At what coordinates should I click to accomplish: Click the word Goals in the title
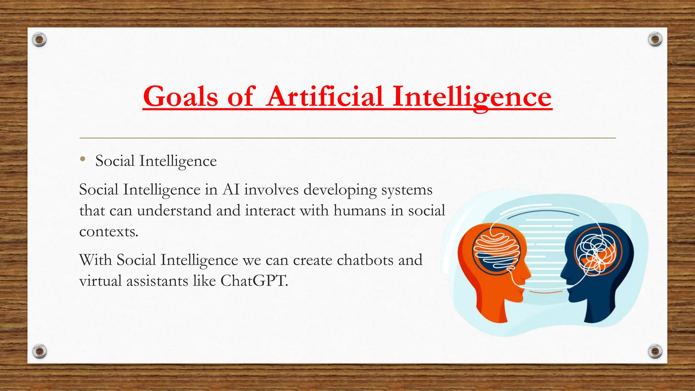point(180,97)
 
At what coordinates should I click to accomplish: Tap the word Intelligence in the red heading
point(472,97)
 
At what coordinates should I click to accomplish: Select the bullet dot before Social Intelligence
point(82,159)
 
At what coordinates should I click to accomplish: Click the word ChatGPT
point(254,281)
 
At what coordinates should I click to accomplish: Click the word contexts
point(109,232)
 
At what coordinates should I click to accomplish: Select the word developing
point(340,189)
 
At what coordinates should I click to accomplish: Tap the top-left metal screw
point(39,40)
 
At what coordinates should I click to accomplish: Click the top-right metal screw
point(655,40)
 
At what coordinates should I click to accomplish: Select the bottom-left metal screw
point(39,351)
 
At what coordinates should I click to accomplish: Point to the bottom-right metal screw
point(655,351)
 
